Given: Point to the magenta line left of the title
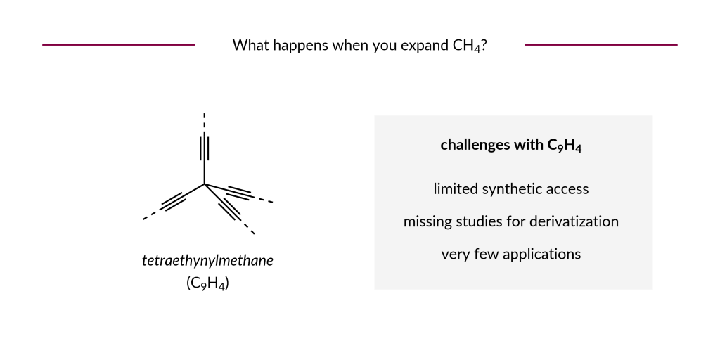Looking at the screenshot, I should (x=118, y=45).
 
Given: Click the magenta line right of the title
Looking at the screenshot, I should (x=601, y=45).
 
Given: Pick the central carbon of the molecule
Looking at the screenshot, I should (x=205, y=184).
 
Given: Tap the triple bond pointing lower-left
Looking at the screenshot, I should (x=173, y=202).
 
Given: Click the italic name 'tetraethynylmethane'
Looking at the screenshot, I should (x=207, y=261).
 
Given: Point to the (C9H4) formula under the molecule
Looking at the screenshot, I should (x=207, y=283).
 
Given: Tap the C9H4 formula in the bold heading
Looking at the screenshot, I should (x=564, y=146).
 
